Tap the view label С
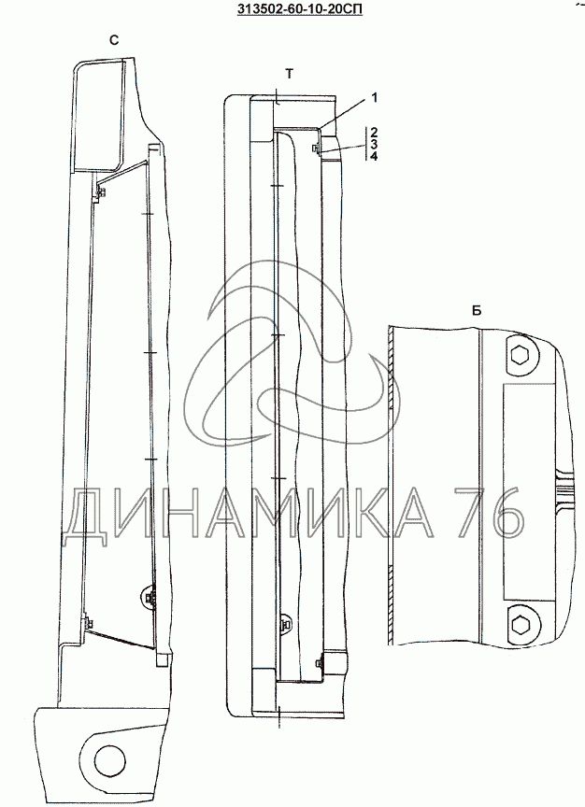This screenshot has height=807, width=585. click(x=114, y=40)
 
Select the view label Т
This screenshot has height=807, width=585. click(x=289, y=75)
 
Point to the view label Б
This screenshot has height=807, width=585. click(x=477, y=311)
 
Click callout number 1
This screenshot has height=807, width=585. click(x=375, y=97)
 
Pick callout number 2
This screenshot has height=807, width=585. click(x=374, y=132)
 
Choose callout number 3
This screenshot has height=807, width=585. click(x=374, y=144)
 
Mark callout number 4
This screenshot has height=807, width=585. click(x=374, y=157)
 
